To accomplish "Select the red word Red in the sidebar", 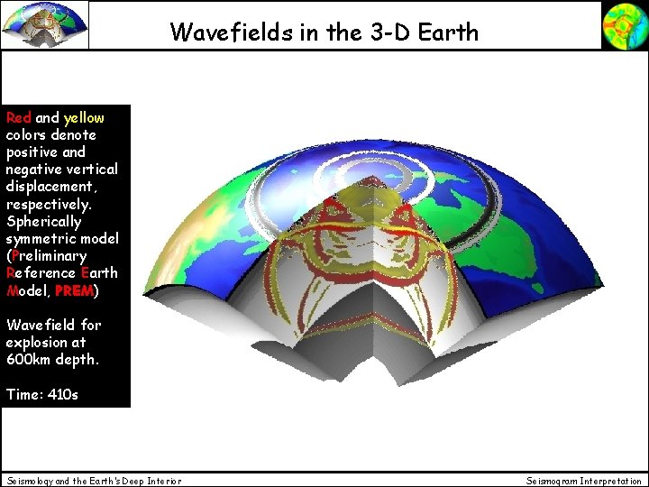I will [x=18, y=117].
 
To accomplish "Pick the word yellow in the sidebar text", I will [x=84, y=117].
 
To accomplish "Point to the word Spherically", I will [x=43, y=221].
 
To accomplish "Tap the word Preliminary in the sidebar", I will [x=48, y=255].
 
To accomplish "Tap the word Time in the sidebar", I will [x=23, y=394].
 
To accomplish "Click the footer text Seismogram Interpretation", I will [x=584, y=481].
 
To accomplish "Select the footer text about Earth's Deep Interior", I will [x=94, y=481].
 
